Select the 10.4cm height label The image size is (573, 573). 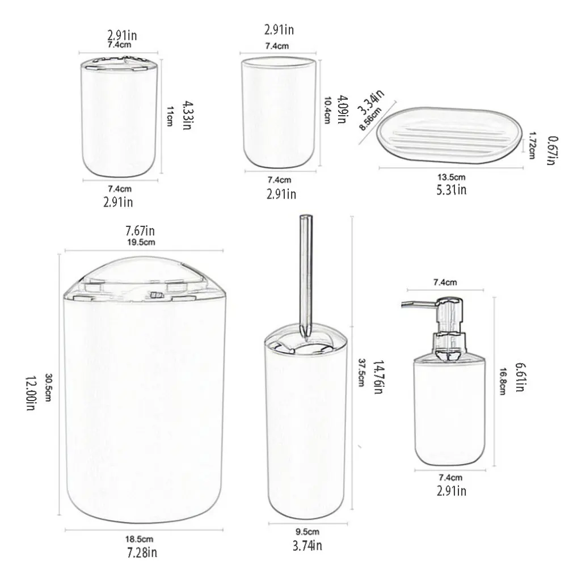pos(327,109)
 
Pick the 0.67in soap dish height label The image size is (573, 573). pos(550,150)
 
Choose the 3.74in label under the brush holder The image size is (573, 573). pos(306,546)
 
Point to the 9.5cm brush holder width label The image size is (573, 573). pos(306,532)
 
